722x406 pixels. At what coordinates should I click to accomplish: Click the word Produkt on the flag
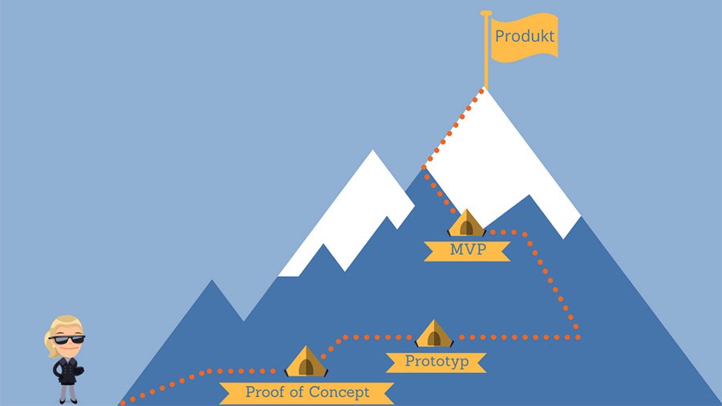click(525, 36)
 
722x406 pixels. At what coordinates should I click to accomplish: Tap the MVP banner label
click(468, 250)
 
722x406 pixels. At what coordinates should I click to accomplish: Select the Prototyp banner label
click(436, 361)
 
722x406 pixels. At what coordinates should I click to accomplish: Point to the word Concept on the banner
click(342, 392)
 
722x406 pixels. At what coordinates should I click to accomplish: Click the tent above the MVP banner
click(466, 223)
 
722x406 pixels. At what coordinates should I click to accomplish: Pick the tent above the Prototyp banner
click(434, 334)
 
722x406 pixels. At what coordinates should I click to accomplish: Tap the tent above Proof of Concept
click(306, 362)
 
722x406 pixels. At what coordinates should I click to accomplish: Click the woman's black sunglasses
click(67, 339)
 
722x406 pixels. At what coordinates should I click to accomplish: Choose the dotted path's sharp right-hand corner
click(578, 336)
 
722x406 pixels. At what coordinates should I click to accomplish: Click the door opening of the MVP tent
click(466, 227)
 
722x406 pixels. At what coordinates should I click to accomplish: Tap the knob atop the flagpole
click(485, 13)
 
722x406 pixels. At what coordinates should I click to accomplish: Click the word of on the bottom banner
click(299, 392)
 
